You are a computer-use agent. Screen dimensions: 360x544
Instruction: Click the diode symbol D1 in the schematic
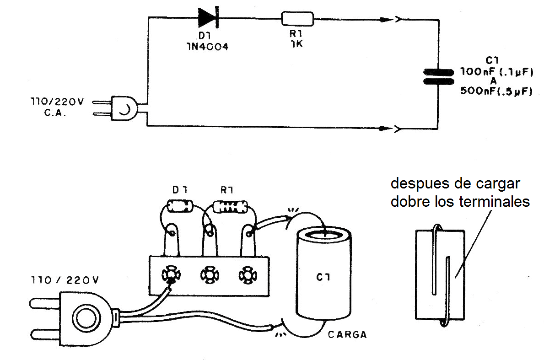click(209, 18)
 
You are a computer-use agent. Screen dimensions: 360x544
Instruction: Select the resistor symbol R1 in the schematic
click(297, 19)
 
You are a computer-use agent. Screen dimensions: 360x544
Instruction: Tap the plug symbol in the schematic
click(124, 108)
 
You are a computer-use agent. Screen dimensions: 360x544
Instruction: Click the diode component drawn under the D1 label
click(178, 206)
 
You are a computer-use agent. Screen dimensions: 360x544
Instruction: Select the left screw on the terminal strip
click(171, 275)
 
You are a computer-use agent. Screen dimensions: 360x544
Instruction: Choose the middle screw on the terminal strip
click(209, 275)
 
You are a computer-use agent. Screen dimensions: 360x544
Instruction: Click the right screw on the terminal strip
click(247, 275)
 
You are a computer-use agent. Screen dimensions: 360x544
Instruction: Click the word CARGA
click(347, 334)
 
